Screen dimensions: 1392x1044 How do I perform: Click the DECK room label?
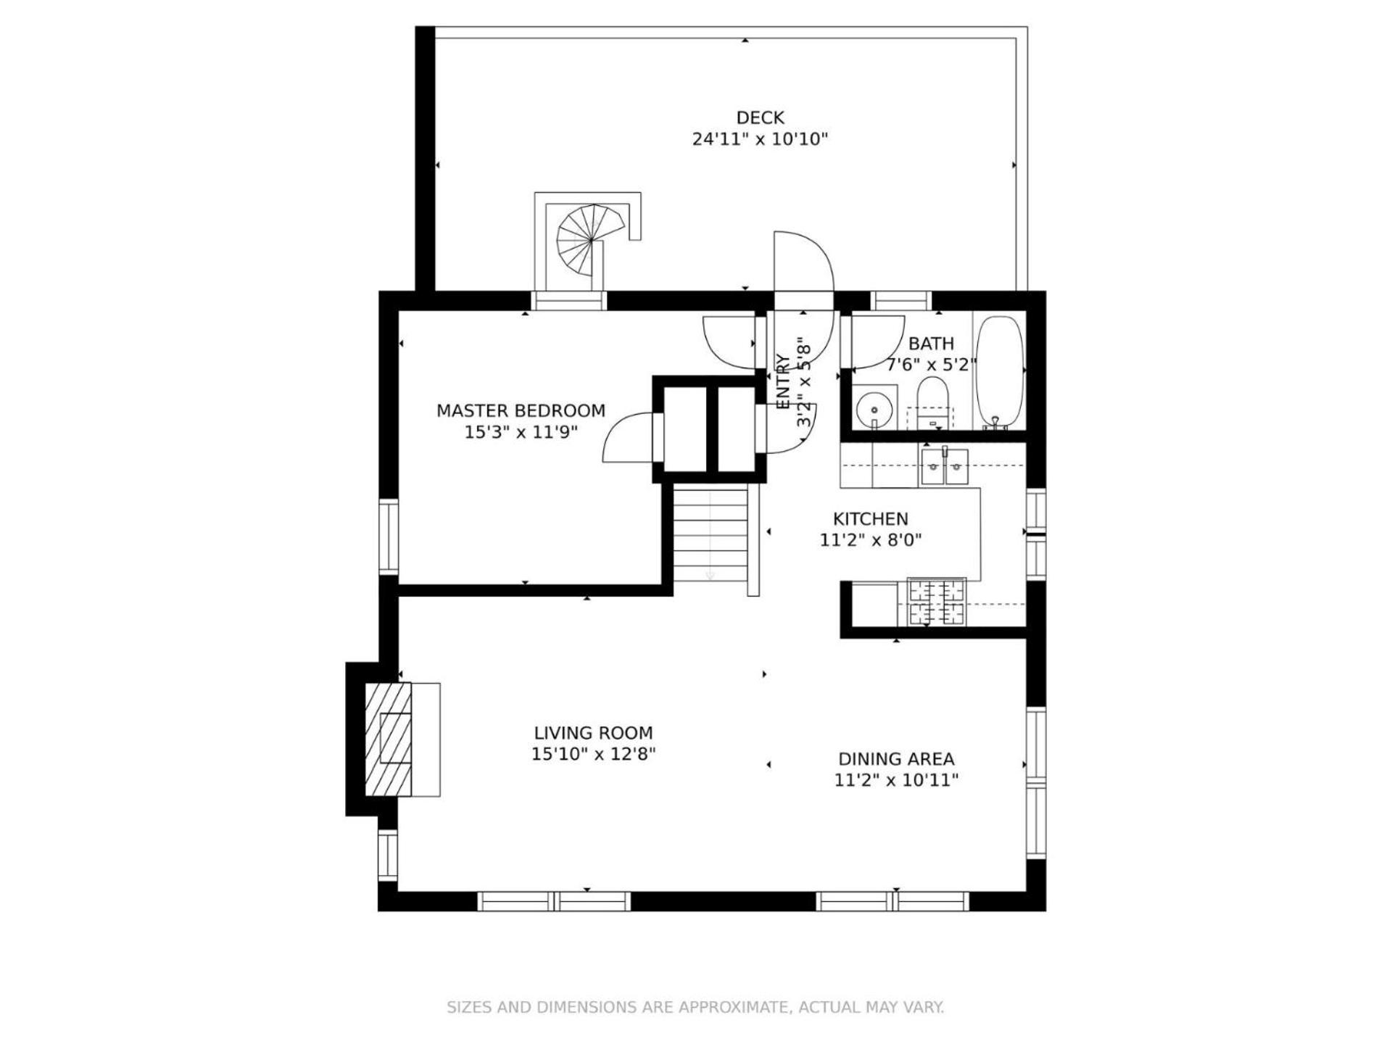[x=760, y=117]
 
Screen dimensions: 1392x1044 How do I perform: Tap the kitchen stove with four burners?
[x=937, y=602]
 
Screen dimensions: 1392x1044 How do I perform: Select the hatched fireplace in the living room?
[x=388, y=739]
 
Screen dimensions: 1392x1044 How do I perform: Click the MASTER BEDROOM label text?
[x=521, y=410]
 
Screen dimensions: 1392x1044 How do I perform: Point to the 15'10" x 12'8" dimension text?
[x=593, y=754]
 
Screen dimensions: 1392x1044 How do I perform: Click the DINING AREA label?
[x=896, y=759]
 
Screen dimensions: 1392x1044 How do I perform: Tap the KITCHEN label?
[x=870, y=519]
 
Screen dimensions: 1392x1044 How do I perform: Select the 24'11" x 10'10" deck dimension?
[x=760, y=139]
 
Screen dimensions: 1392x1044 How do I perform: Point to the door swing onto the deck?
[x=803, y=261]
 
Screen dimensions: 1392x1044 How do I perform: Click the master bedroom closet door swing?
[x=627, y=437]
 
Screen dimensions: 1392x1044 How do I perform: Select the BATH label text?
[x=931, y=344]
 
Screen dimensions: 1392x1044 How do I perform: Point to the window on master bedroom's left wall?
[x=389, y=537]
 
